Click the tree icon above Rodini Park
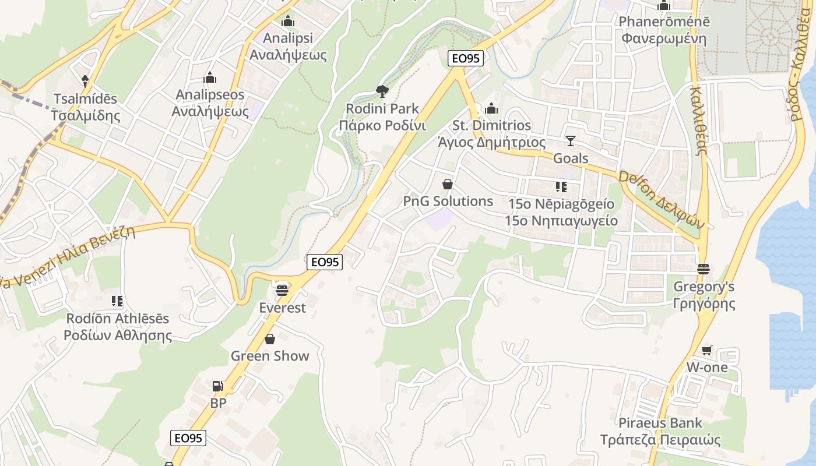click(x=382, y=91)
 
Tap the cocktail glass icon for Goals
click(x=570, y=141)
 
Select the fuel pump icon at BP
click(x=217, y=386)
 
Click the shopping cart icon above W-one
click(x=706, y=350)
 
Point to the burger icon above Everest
click(x=283, y=290)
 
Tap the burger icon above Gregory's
click(x=703, y=269)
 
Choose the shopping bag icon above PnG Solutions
click(x=448, y=184)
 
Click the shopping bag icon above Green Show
click(x=270, y=339)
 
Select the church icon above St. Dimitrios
click(x=492, y=108)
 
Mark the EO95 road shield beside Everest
click(x=325, y=262)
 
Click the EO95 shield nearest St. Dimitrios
click(x=465, y=58)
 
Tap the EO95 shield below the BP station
click(x=188, y=438)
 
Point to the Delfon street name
click(x=661, y=199)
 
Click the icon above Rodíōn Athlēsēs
click(x=117, y=301)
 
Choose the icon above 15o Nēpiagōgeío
click(x=561, y=187)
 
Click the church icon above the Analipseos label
click(x=210, y=77)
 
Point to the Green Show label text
click(x=270, y=356)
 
